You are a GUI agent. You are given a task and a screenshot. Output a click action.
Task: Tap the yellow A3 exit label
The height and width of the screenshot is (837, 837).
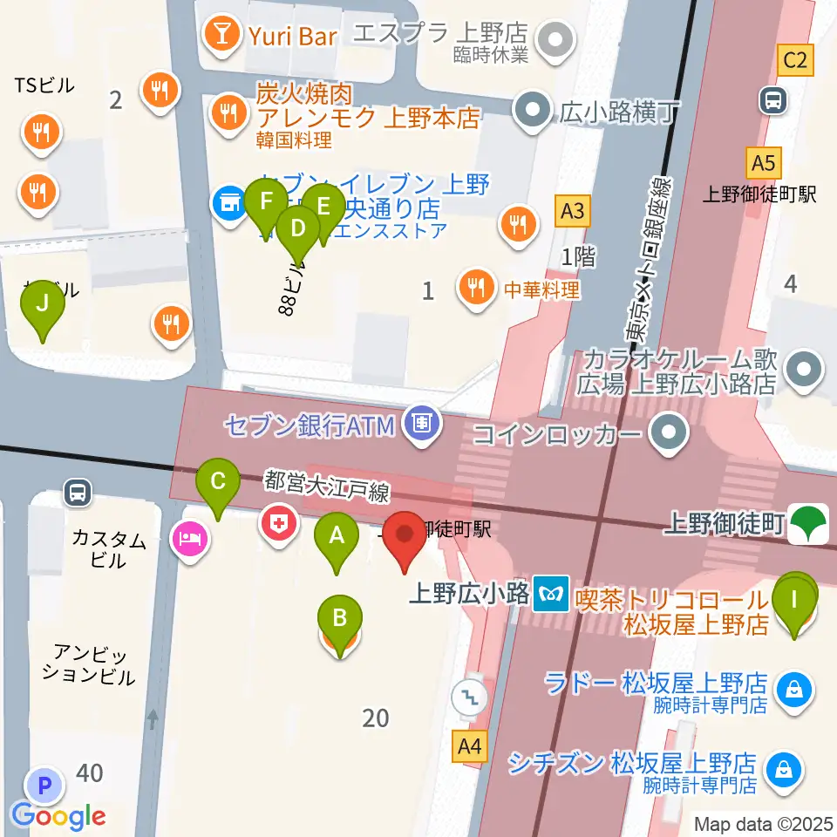click(571, 210)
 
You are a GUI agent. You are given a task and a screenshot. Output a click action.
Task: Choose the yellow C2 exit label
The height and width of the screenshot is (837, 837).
click(797, 60)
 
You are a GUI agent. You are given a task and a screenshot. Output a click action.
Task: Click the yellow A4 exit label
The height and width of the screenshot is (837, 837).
click(470, 746)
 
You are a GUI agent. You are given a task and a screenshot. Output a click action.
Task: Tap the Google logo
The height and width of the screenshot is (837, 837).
click(58, 816)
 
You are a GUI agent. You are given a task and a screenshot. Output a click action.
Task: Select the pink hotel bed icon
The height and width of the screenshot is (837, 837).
click(191, 539)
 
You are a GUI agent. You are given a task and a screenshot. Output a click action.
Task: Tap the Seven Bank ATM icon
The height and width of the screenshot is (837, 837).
click(422, 425)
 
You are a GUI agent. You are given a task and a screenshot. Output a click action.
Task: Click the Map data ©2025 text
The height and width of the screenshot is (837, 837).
click(763, 823)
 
